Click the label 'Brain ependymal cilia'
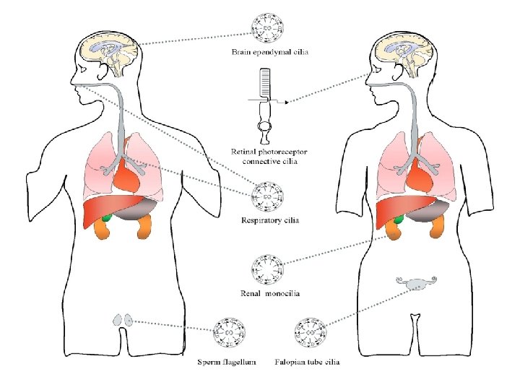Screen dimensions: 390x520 coord(267,52)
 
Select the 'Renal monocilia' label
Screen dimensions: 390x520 coord(270,293)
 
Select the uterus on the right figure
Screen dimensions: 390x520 coord(415,284)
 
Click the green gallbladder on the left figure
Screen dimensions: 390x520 coord(107,215)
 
